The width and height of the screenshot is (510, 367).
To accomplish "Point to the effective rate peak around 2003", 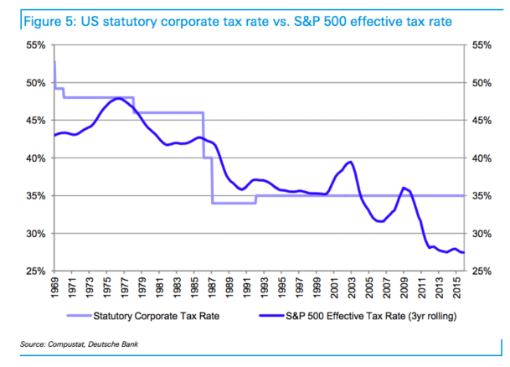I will coord(350,162).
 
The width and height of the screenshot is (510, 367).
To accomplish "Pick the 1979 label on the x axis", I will coord(142,287).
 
